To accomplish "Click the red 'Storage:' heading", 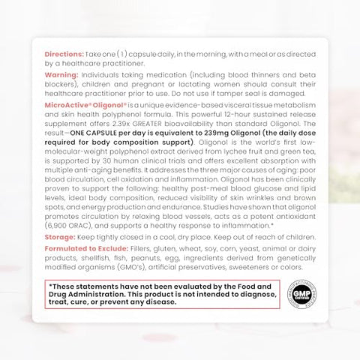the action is coord(62,234).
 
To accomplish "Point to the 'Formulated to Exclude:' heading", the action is coord(85,247).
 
